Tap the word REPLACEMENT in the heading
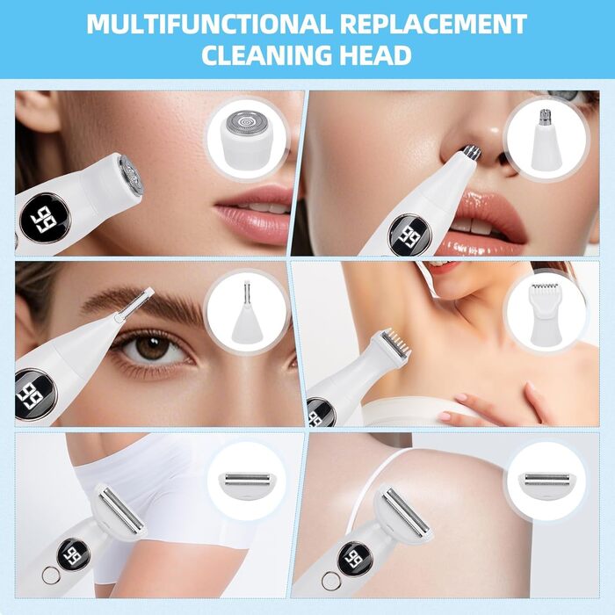pyautogui.click(x=433, y=24)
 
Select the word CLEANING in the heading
pyautogui.click(x=267, y=54)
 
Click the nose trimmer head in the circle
pyautogui.click(x=546, y=140)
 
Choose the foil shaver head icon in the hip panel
pyautogui.click(x=246, y=486)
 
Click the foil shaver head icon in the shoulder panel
pyautogui.click(x=546, y=486)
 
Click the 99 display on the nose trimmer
pyautogui.click(x=409, y=235)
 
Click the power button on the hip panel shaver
pyautogui.click(x=51, y=575)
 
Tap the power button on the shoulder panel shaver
pyautogui.click(x=330, y=581)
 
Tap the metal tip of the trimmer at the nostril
pyautogui.click(x=471, y=152)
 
